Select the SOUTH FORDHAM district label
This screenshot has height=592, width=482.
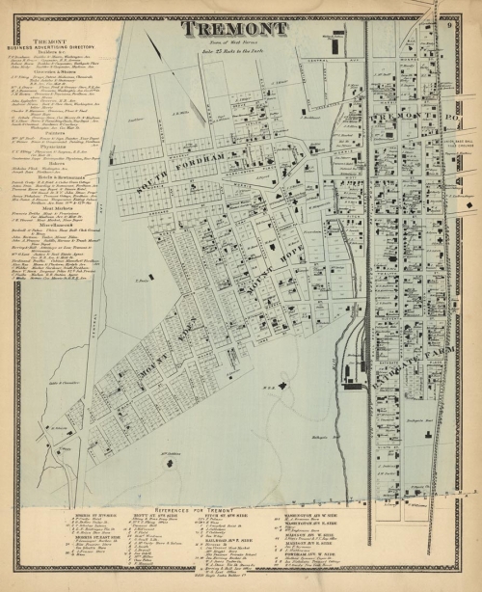(x=183, y=160)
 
